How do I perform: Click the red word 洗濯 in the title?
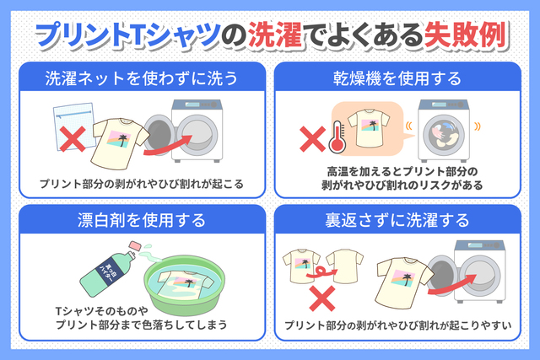pyautogui.click(x=276, y=35)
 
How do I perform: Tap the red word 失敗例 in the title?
pyautogui.click(x=466, y=35)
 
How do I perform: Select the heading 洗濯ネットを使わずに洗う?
pyautogui.click(x=142, y=78)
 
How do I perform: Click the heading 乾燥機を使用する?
pyautogui.click(x=397, y=78)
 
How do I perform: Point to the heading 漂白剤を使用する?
pyautogui.click(x=142, y=220)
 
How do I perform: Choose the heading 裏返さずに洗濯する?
pyautogui.click(x=397, y=220)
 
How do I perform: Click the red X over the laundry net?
pyautogui.click(x=73, y=139)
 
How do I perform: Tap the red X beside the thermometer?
pyautogui.click(x=312, y=139)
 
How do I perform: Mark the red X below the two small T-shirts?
pyautogui.click(x=322, y=298)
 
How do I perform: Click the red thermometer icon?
pyautogui.click(x=337, y=137)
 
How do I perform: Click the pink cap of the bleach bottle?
pyautogui.click(x=135, y=245)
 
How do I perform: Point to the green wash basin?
pyautogui.click(x=184, y=284)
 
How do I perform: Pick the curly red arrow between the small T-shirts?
pyautogui.click(x=321, y=272)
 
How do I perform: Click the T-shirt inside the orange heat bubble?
pyautogui.click(x=369, y=128)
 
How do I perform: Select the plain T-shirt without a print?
pyautogui.click(x=344, y=266)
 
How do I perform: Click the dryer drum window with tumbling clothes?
pyautogui.click(x=444, y=135)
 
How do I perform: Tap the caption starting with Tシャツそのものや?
pyautogui.click(x=142, y=318)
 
